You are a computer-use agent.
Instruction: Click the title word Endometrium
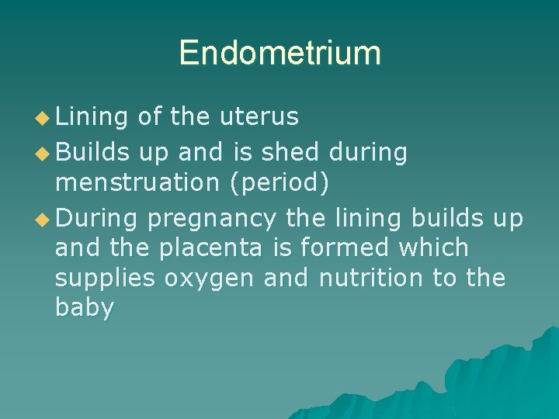279,53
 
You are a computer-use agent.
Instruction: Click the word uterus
259,116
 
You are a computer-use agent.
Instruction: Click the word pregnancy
211,220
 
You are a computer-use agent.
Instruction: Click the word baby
84,308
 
